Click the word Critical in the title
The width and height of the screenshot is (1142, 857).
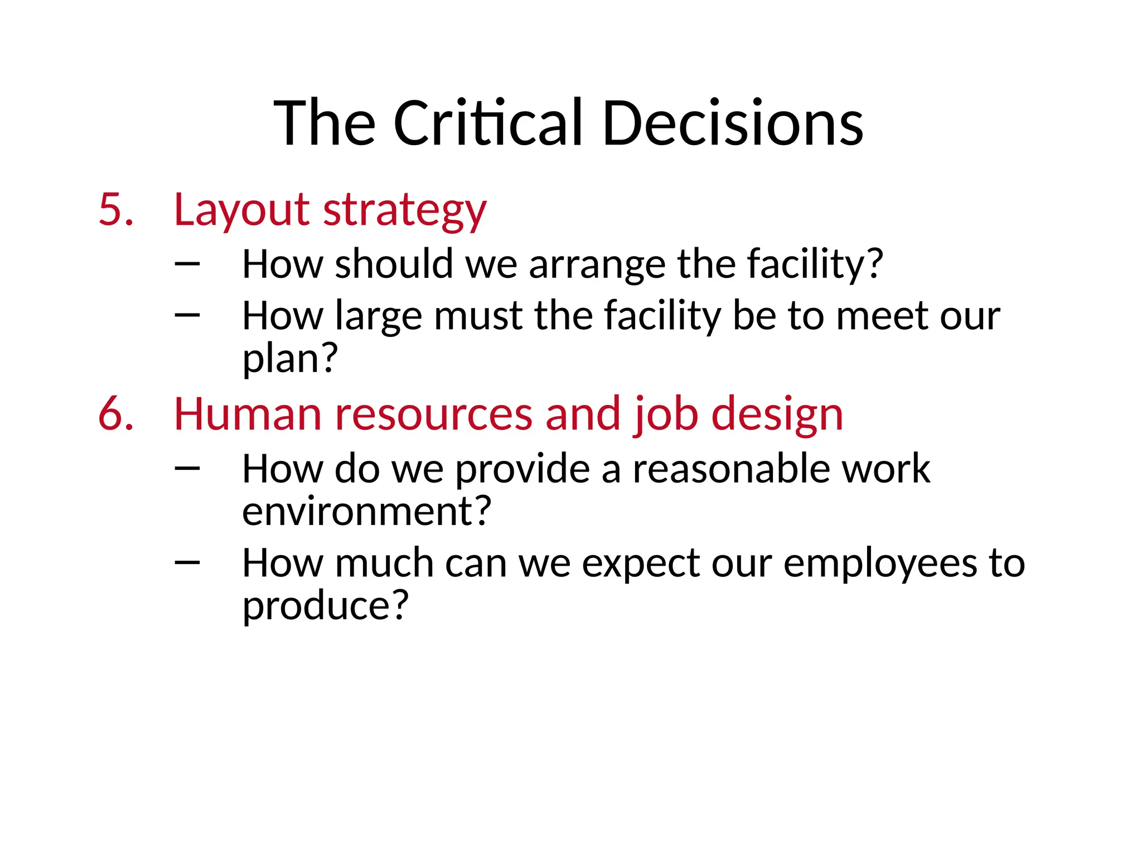[487, 123]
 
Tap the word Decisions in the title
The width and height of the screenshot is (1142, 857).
[732, 123]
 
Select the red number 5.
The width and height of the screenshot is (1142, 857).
[115, 210]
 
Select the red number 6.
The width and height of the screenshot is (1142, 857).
[115, 414]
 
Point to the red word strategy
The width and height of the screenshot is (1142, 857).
[405, 211]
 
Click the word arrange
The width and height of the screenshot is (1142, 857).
[597, 264]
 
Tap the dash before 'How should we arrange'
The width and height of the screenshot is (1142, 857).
[187, 263]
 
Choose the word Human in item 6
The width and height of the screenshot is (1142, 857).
[248, 414]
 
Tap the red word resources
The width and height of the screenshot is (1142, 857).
[433, 414]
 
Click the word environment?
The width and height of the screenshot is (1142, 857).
[366, 511]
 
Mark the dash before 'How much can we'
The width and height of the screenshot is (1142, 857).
[187, 562]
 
